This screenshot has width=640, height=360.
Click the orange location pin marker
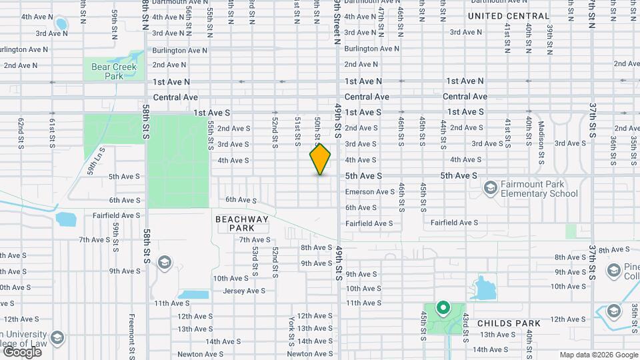click(320, 159)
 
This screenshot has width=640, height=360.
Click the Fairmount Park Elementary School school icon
click(491, 188)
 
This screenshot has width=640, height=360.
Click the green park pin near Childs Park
click(442, 308)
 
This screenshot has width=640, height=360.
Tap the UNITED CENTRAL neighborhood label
click(509, 16)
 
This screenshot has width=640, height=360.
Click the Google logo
click(21, 351)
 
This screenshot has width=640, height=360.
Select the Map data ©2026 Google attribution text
click(598, 355)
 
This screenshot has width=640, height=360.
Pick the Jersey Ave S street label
click(243, 291)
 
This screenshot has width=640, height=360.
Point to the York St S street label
click(291, 331)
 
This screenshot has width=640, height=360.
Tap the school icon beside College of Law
click(57, 337)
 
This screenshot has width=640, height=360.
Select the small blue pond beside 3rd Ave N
click(61, 25)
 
